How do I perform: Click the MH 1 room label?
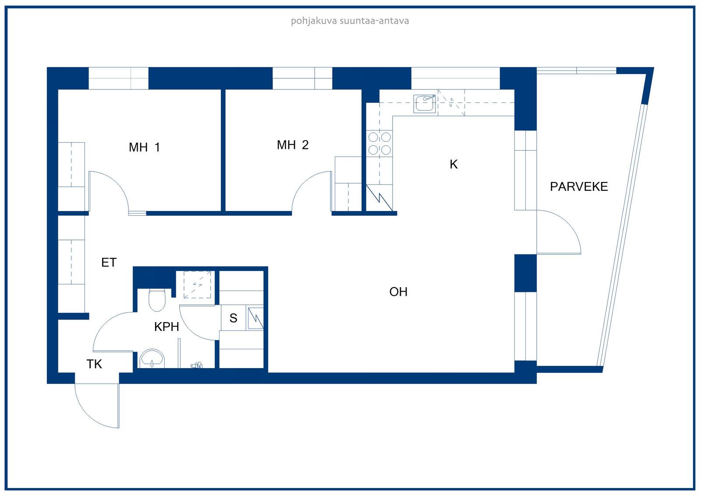(144, 147)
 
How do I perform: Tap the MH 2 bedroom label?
(293, 145)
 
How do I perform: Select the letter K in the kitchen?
(453, 164)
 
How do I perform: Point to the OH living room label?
(398, 292)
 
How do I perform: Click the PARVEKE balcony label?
(579, 187)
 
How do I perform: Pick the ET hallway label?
(109, 262)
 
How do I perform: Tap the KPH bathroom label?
(166, 327)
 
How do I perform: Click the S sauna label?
(233, 318)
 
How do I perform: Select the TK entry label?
(94, 364)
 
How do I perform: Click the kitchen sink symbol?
(425, 103)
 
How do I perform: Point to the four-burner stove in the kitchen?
(379, 144)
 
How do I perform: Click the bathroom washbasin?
(152, 358)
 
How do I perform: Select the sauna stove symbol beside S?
(255, 319)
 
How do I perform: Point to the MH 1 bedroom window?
(118, 78)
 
